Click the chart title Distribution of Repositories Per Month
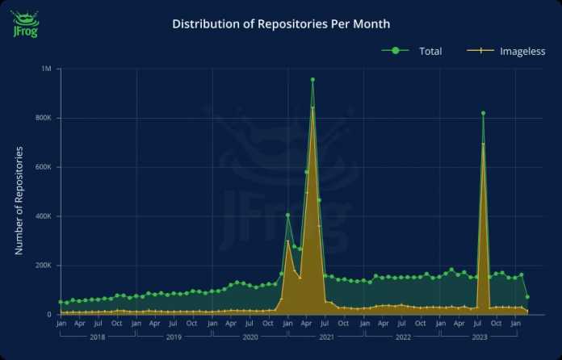point(281,24)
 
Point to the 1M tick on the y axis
point(46,69)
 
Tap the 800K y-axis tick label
point(42,119)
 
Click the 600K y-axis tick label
point(42,168)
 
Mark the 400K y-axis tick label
point(42,216)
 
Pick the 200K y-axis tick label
point(42,266)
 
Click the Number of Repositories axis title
point(19,200)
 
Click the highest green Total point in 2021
point(312,79)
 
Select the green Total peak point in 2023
point(483,113)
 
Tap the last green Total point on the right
point(527,297)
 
